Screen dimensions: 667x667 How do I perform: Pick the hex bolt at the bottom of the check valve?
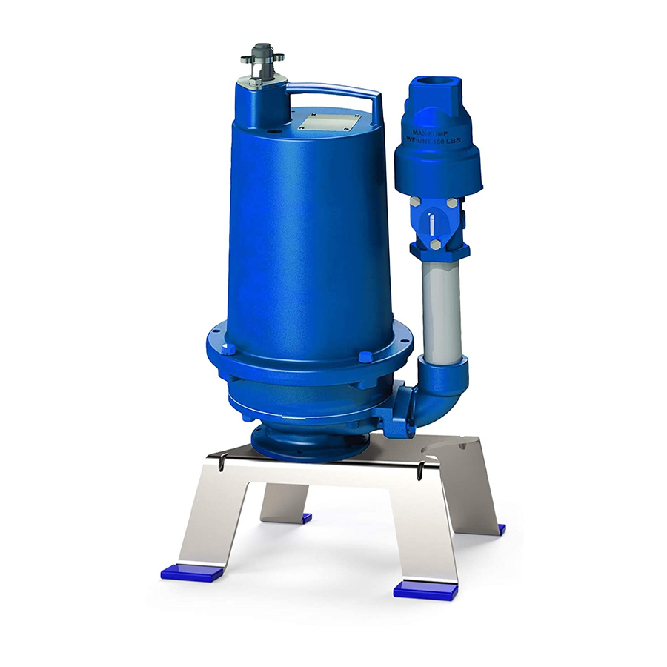click(434, 245)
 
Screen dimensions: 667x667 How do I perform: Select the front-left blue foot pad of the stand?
click(190, 571)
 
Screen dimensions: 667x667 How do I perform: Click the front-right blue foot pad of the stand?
click(425, 589)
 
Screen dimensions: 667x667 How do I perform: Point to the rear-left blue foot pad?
click(302, 517)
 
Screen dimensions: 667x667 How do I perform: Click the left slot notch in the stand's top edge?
click(223, 465)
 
